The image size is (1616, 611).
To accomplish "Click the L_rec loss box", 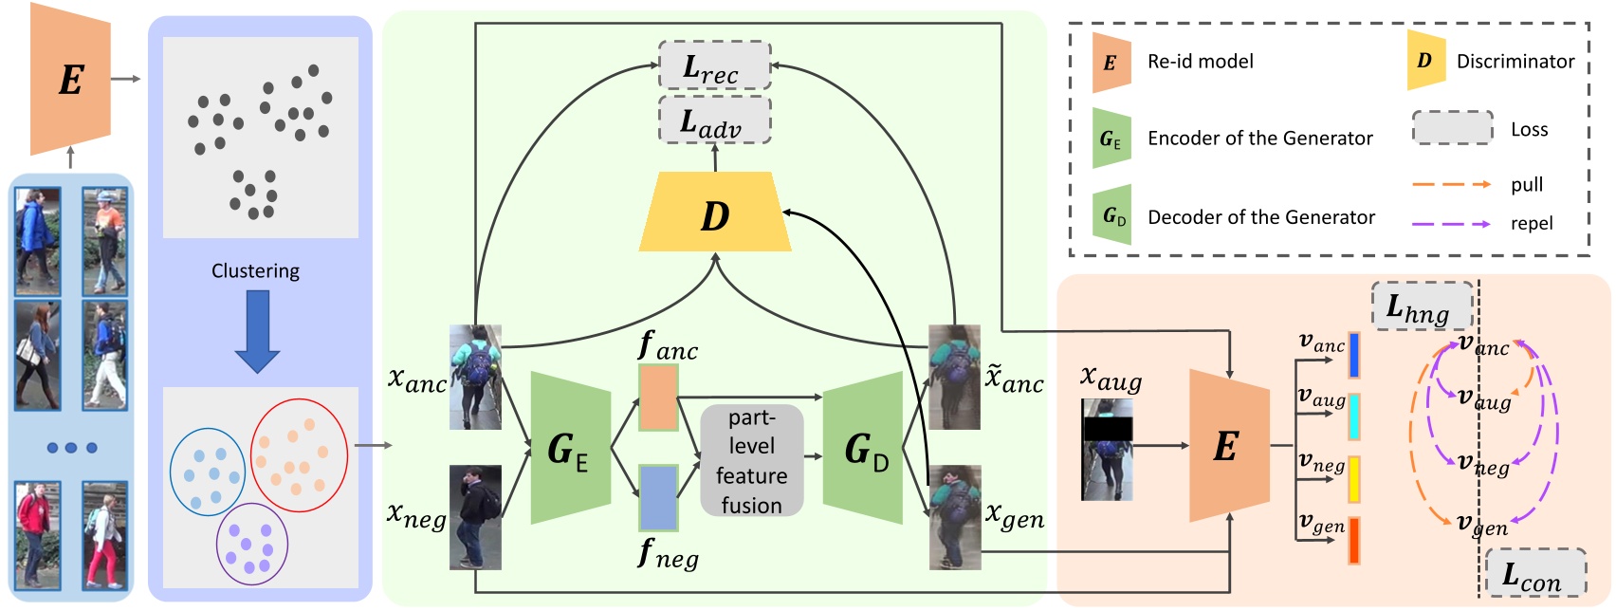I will click(714, 66).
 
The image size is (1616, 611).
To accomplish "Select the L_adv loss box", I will click(714, 120).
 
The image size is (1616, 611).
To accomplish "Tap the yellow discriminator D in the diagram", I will click(715, 213).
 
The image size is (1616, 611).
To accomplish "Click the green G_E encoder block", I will click(570, 448).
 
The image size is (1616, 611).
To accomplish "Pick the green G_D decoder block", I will click(864, 448).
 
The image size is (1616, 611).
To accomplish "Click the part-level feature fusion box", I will click(751, 461).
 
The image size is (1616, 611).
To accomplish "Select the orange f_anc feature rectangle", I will click(658, 398).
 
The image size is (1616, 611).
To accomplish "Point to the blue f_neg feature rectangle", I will click(658, 497).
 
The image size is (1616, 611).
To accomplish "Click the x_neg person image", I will click(474, 517).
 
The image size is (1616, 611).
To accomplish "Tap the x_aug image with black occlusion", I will click(1107, 449).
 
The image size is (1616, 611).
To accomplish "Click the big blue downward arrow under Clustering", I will click(256, 331).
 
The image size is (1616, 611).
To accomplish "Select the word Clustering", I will click(255, 271).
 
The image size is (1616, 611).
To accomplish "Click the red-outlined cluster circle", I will click(299, 456).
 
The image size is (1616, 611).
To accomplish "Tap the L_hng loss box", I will click(1421, 305).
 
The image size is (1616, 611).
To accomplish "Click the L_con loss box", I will click(1533, 574).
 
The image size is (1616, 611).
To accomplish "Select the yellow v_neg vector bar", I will click(1354, 479).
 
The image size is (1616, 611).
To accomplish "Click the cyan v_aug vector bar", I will click(1354, 417).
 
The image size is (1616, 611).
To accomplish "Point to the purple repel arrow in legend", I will click(1451, 224).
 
